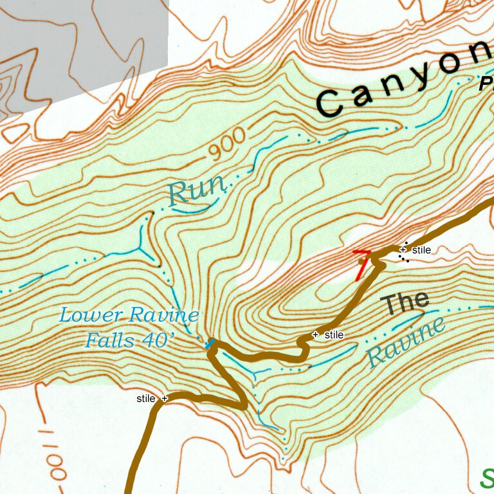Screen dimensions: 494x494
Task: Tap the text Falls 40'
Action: point(129,339)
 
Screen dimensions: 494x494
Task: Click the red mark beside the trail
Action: point(362,264)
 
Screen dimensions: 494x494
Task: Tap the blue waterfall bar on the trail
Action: point(210,344)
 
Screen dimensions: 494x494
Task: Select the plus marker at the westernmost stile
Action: point(164,399)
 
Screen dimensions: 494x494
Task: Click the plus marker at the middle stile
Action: point(315,334)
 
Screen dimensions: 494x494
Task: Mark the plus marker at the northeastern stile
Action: point(403,250)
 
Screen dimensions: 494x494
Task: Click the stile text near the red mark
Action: point(421,250)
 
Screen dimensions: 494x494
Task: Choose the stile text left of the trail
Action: point(146,399)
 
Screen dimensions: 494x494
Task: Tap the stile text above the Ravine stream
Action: point(334,335)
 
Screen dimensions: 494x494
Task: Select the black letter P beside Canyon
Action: point(486,84)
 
